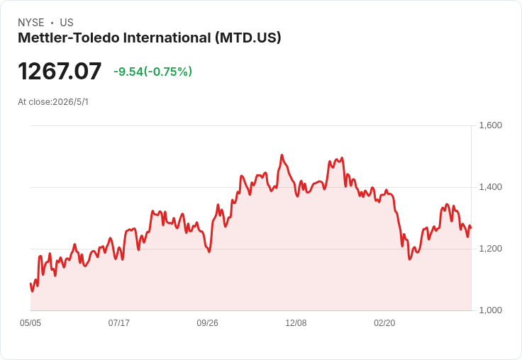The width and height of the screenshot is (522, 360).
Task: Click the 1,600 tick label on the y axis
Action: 490,125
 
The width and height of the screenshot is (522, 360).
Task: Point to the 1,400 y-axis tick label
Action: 490,187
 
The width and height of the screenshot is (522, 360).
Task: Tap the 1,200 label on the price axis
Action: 490,249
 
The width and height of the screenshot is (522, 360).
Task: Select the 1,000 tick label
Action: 490,310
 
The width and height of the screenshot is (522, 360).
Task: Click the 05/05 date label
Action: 30,323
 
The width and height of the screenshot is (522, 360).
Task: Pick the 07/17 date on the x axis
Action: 119,323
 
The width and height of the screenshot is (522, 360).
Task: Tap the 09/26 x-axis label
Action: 207,323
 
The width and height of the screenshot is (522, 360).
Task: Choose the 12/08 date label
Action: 296,323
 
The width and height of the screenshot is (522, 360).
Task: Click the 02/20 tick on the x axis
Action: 384,323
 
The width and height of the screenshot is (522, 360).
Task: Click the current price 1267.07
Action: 60,71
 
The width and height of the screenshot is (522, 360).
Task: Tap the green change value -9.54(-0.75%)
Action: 152,72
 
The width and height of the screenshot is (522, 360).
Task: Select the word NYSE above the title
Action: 31,23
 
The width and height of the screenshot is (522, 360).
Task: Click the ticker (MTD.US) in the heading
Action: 248,38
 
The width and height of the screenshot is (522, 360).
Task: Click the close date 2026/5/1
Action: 71,102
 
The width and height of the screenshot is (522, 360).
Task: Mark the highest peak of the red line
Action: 282,155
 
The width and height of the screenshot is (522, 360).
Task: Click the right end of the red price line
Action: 471,227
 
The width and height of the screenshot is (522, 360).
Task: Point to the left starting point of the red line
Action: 30,283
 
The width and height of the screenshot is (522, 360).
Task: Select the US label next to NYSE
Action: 67,23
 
